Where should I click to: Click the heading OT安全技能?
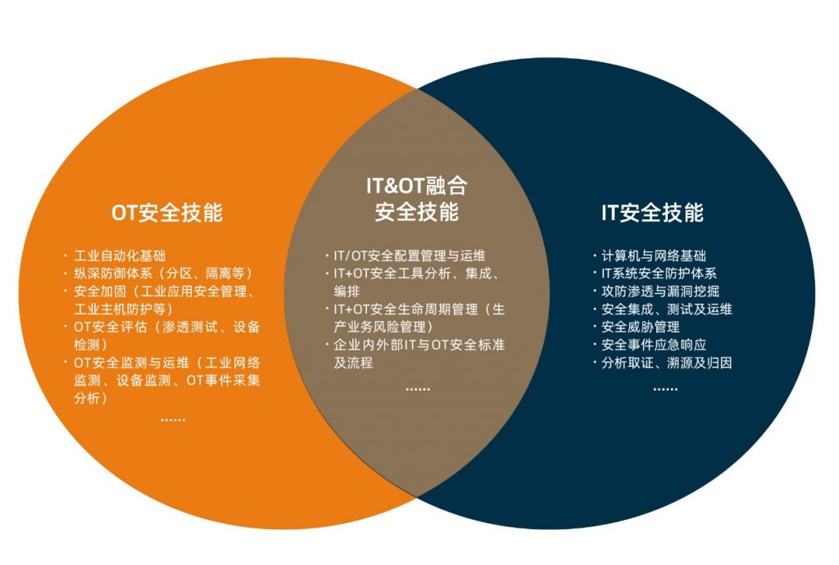point(167,212)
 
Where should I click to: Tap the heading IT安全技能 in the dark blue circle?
point(652,212)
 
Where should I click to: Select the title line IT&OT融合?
point(417,186)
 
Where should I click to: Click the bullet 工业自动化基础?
point(120,255)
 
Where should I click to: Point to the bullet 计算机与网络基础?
point(654,255)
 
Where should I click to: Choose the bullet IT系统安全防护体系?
point(660,273)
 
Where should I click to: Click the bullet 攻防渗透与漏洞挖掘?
point(660,292)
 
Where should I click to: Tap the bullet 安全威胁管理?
point(641,327)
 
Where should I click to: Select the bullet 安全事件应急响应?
point(654,345)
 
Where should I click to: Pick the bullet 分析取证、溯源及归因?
point(667,363)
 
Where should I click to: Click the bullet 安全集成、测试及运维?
point(667,309)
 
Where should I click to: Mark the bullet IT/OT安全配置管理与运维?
point(410,255)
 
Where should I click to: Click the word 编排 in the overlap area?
point(347,292)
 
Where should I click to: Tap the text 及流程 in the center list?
point(353,363)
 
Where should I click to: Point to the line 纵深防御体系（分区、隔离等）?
point(164,273)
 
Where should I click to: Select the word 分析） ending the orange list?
point(91,398)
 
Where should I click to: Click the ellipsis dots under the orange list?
point(173,421)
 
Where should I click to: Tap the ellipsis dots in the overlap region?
point(418,389)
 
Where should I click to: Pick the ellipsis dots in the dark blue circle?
point(665,389)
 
